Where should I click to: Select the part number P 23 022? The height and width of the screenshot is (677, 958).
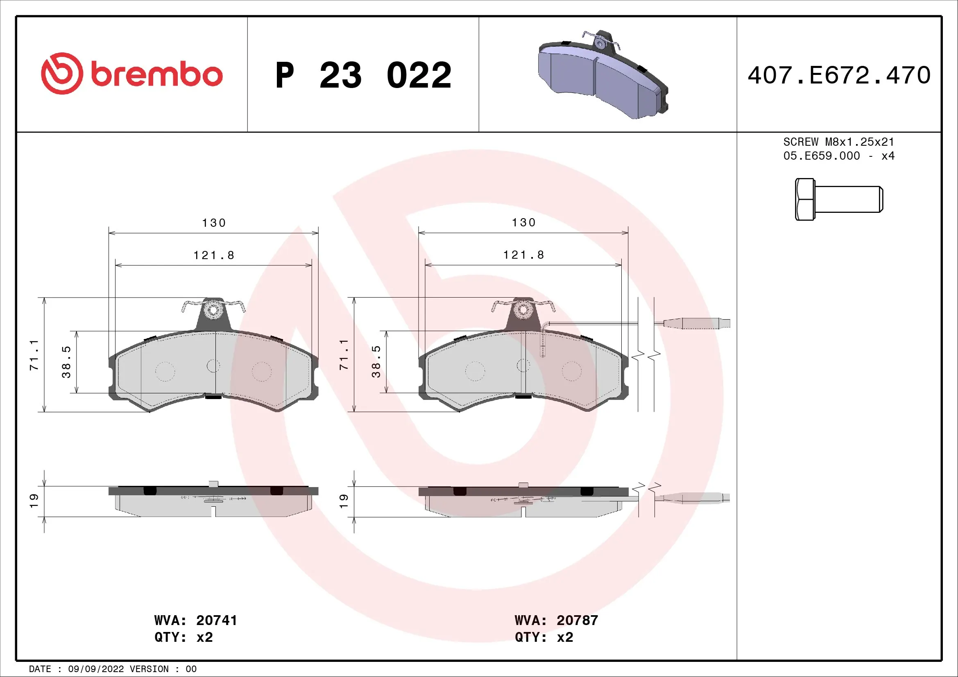[363, 75]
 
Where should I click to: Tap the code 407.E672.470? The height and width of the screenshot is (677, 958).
[839, 75]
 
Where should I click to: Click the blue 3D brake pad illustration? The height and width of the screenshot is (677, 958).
[603, 75]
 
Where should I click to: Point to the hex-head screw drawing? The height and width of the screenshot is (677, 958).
[839, 199]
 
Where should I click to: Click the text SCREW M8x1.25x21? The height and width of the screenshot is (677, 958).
[839, 142]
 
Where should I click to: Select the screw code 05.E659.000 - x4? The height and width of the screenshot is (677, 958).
[839, 156]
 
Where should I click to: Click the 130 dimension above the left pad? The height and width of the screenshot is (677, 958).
[214, 223]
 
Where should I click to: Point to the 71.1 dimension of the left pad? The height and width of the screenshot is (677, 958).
[34, 355]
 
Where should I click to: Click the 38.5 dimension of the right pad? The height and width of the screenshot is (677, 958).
[376, 361]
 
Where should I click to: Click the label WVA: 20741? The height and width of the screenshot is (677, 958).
[195, 620]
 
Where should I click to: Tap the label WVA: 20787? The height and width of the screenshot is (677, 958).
[556, 620]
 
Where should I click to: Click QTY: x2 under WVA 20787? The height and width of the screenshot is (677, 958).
[544, 637]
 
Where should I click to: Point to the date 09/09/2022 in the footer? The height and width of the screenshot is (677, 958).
[95, 669]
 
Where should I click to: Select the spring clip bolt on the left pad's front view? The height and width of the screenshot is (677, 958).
[214, 310]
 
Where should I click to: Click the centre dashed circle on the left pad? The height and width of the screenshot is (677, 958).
[213, 366]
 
